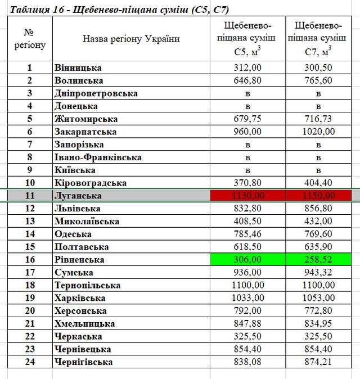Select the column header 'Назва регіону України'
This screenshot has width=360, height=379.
pos(131,39)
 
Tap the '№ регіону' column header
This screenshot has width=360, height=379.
pos(30,39)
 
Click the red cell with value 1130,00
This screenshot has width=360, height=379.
pos(247,196)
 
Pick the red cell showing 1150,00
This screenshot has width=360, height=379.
pos(318,196)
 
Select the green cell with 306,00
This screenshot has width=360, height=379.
pos(247,260)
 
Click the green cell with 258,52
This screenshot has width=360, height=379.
pos(318,260)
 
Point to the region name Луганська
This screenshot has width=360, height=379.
pos(78,196)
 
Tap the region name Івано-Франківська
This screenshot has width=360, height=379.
pos(98,157)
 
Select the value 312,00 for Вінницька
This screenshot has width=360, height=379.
pos(247,68)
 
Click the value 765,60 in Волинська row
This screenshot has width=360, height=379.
pos(318,80)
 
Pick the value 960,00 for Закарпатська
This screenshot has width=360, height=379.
pos(247,132)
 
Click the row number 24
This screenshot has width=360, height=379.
pos(30,362)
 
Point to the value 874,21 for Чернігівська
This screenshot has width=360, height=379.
pos(318,362)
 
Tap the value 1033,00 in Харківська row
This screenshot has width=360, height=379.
pos(247,298)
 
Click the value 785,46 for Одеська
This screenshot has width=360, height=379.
pos(247,234)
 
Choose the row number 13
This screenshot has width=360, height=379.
pos(30,221)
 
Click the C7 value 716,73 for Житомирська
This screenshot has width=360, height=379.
pos(318,119)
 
